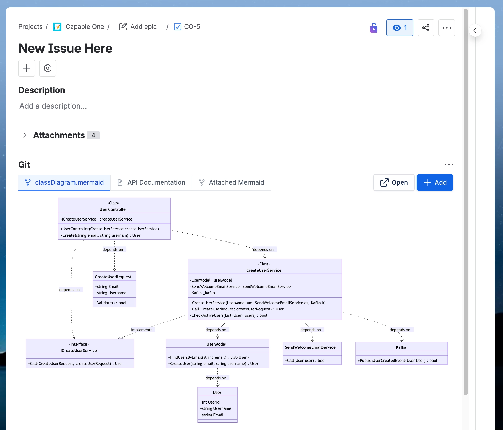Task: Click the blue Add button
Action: [435, 182]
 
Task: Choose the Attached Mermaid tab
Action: [231, 182]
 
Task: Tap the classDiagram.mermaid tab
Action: [64, 182]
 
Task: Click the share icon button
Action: [426, 28]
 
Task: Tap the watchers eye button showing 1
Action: [399, 28]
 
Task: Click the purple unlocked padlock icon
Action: [373, 28]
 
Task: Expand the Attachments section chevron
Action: [25, 135]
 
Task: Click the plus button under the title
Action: [27, 68]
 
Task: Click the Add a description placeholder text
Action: [53, 106]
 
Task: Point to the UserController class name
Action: [113, 209]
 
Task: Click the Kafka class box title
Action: [401, 347]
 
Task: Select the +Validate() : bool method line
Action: [111, 303]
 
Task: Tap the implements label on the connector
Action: [142, 330]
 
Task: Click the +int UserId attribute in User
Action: [210, 402]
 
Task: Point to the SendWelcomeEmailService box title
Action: [310, 347]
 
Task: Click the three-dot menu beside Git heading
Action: [449, 165]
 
